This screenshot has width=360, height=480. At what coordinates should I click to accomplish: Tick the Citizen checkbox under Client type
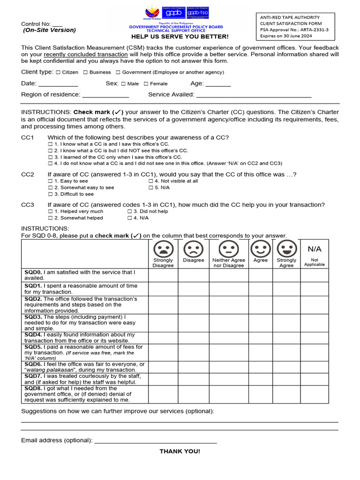click(58, 73)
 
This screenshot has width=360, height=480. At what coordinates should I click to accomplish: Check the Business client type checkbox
click(86, 73)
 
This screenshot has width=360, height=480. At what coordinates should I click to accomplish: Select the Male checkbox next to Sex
click(123, 84)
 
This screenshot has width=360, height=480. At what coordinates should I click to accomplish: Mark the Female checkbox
click(146, 84)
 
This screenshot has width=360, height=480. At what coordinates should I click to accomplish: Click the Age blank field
click(218, 84)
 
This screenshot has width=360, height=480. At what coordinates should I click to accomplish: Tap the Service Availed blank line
click(254, 95)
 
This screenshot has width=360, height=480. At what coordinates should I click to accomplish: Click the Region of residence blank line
click(105, 95)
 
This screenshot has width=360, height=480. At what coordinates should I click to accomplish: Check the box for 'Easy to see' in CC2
click(51, 181)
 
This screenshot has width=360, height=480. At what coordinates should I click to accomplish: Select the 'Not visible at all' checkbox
click(151, 181)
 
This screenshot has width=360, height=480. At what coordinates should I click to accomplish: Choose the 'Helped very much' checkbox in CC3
click(51, 211)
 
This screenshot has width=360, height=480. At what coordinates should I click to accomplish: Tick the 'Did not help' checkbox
click(130, 211)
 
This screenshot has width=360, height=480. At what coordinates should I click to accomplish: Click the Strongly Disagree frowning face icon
click(163, 248)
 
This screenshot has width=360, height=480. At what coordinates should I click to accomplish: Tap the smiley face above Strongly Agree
click(286, 248)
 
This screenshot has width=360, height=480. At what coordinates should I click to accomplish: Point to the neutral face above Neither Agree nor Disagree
click(229, 248)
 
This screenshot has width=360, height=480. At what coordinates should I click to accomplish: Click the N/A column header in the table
click(315, 249)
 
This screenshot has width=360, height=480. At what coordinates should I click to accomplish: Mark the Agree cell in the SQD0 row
click(261, 275)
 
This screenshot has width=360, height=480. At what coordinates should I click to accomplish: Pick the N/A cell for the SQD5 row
click(315, 352)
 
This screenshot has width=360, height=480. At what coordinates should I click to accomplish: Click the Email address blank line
click(155, 441)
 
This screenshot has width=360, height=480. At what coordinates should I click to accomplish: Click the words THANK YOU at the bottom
click(180, 451)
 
